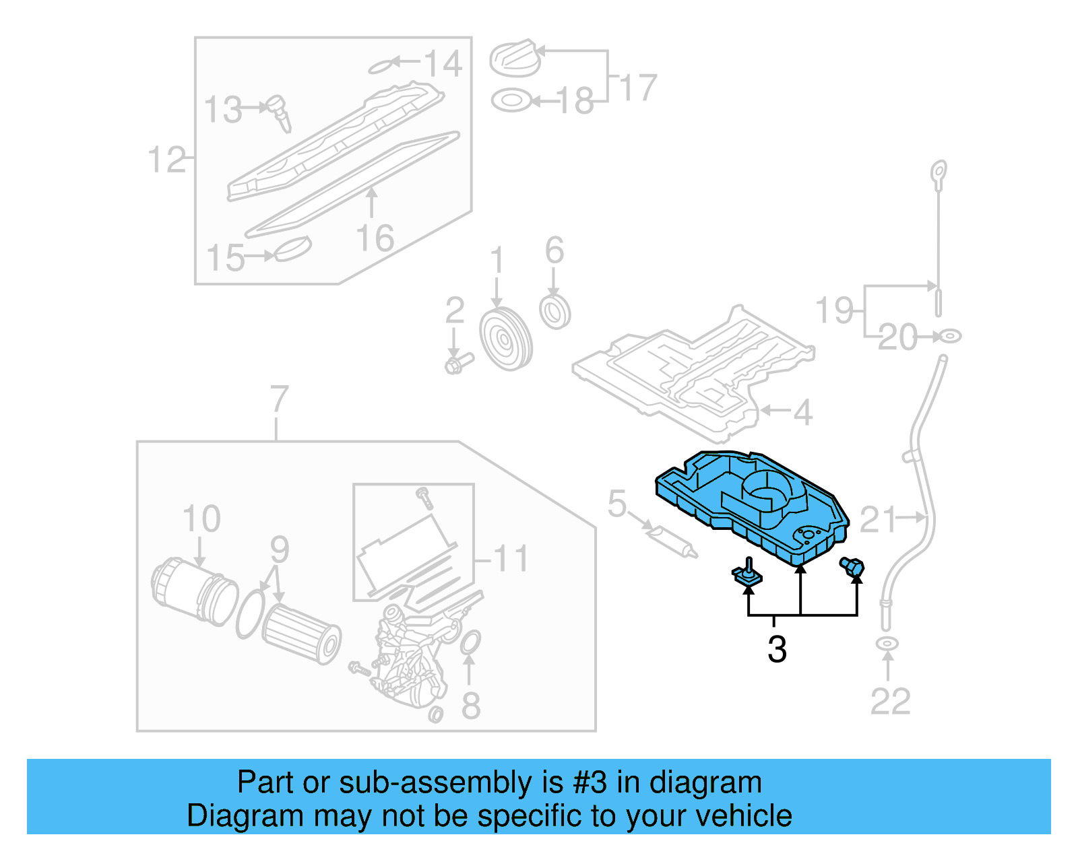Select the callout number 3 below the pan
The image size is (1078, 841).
pyautogui.click(x=777, y=650)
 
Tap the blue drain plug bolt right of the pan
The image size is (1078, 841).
pyautogui.click(x=852, y=567)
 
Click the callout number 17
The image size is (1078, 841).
pyautogui.click(x=637, y=88)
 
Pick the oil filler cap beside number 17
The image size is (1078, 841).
pyautogui.click(x=515, y=59)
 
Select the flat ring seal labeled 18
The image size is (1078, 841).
pyautogui.click(x=511, y=101)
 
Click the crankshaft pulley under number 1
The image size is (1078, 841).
pyautogui.click(x=505, y=340)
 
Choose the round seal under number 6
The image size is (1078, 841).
pyautogui.click(x=555, y=312)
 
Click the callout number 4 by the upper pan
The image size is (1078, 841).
pyautogui.click(x=802, y=412)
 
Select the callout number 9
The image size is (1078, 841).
pyautogui.click(x=279, y=549)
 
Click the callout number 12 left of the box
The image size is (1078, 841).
pyautogui.click(x=166, y=160)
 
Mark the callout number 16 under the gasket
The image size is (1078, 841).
pyautogui.click(x=375, y=238)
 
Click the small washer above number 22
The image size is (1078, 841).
pyautogui.click(x=887, y=644)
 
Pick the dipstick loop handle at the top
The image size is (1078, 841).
pyautogui.click(x=939, y=172)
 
